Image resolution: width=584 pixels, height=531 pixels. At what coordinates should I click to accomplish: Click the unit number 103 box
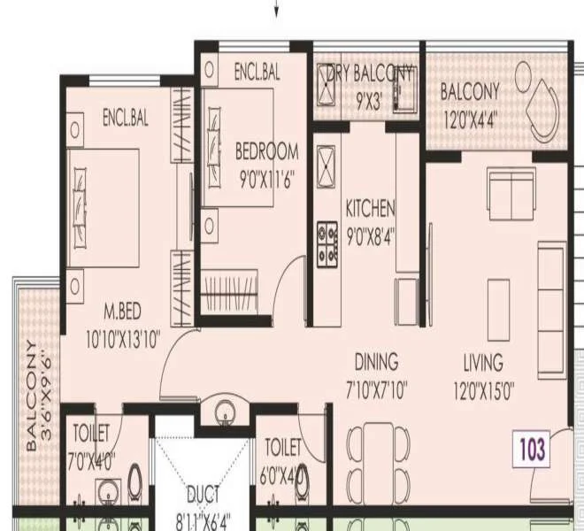pyautogui.click(x=534, y=449)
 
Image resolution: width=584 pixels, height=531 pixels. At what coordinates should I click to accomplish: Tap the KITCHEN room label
pyautogui.click(x=370, y=209)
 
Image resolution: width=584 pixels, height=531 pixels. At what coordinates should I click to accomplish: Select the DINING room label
pyautogui.click(x=376, y=362)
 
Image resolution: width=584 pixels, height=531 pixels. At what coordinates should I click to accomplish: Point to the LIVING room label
pyautogui.click(x=483, y=362)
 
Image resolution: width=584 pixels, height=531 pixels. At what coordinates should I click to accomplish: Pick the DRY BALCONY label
pyautogui.click(x=369, y=73)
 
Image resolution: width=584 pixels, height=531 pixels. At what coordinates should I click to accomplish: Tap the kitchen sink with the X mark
pyautogui.click(x=327, y=165)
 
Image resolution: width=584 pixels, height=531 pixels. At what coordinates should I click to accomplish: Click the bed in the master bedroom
pyautogui.click(x=104, y=208)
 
